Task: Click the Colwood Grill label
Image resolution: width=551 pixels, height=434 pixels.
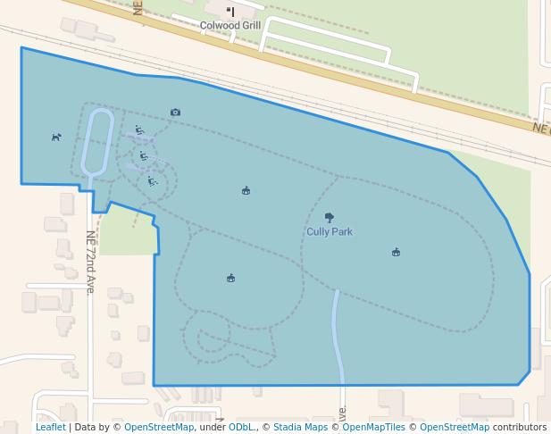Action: [230, 25]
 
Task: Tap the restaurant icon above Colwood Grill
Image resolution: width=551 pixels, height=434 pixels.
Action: [230, 12]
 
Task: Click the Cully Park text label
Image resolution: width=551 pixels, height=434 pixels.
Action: [330, 231]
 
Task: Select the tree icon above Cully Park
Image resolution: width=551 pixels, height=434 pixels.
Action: [330, 217]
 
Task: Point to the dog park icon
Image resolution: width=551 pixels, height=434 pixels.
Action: [56, 137]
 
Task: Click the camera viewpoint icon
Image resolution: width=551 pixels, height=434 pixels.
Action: [175, 113]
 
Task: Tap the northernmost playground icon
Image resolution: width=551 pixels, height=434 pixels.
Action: [139, 130]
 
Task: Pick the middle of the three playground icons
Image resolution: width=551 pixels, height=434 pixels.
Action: [144, 156]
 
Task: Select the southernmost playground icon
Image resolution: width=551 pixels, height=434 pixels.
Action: [153, 181]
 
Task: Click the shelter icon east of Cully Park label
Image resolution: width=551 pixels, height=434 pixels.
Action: [396, 252]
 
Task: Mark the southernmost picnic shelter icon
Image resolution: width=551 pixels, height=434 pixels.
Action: [230, 278]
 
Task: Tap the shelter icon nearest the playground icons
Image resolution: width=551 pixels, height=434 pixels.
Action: [246, 190]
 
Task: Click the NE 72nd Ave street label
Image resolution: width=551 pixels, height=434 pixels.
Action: [90, 262]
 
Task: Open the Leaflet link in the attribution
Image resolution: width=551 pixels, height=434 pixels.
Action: [50, 427]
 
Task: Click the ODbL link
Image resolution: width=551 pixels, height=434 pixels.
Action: [241, 427]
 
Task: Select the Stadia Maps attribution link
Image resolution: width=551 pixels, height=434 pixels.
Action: [300, 427]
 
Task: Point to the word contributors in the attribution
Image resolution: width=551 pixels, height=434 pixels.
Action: [520, 427]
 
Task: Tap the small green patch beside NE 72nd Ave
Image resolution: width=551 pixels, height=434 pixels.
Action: [125, 230]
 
